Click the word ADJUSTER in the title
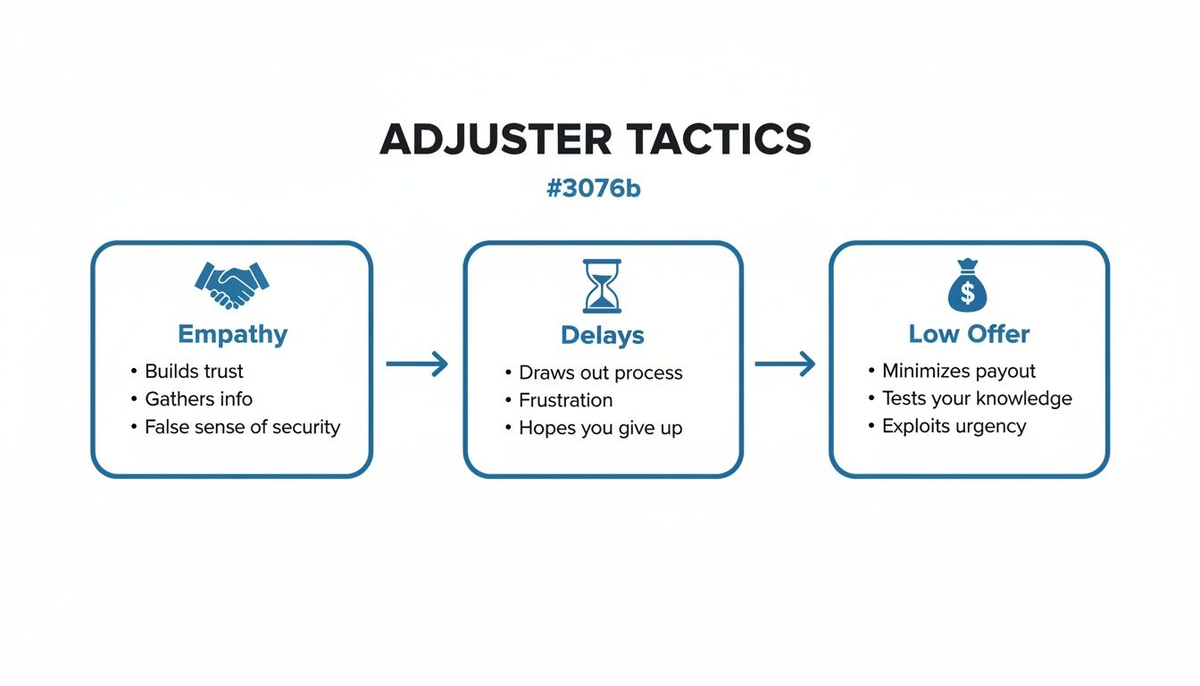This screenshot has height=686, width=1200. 496,139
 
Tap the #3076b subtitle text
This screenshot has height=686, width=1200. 593,189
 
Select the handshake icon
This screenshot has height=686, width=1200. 231,284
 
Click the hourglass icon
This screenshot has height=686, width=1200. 602,286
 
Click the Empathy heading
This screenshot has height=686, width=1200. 232,334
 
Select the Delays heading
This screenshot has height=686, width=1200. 602,335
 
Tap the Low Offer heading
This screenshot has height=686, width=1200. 969,334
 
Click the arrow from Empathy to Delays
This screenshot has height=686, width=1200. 417,364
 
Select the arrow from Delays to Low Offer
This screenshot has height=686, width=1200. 785,364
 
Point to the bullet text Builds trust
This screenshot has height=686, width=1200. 194,371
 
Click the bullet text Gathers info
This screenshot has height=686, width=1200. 198,398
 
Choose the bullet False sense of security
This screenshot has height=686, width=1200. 242,427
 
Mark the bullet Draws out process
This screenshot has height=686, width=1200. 600,372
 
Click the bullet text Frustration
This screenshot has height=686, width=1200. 565,400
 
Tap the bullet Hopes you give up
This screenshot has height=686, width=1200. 600,428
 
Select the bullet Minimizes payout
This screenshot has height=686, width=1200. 959,371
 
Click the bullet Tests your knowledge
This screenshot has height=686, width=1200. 977,398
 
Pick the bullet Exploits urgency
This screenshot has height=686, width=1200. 954,426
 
